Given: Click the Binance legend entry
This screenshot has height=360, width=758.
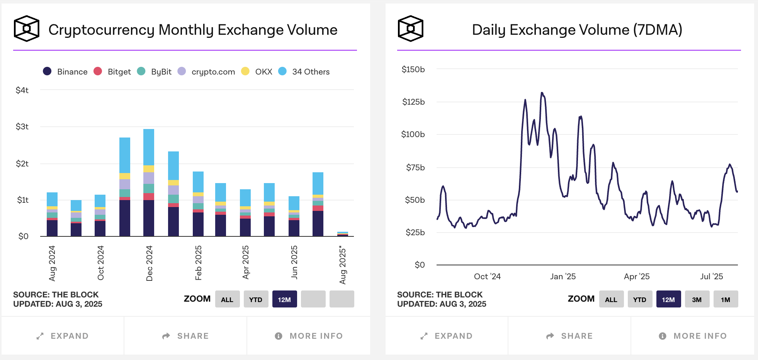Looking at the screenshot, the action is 65,71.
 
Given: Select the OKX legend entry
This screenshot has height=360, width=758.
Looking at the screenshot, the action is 257,71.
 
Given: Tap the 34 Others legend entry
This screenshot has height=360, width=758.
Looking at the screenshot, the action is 304,71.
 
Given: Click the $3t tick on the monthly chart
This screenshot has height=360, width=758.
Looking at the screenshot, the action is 22,127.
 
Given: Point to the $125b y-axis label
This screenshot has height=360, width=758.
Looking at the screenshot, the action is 413,102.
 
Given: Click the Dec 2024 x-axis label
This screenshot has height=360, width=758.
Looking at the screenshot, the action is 149,263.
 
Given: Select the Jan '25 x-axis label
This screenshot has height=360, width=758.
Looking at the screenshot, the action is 563,277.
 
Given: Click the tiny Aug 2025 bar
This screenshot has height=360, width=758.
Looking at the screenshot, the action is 343,234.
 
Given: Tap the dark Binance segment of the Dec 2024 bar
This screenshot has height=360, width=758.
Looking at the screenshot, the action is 149,218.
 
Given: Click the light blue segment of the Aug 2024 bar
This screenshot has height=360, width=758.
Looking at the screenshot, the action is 52,199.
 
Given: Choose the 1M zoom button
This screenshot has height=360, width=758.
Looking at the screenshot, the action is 726,299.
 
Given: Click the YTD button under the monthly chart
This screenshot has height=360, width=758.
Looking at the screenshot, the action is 256,299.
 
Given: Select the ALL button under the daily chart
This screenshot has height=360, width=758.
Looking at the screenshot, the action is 611,299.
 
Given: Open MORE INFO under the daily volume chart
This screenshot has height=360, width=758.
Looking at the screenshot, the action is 693,336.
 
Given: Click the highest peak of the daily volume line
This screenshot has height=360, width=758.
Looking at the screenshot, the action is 542,93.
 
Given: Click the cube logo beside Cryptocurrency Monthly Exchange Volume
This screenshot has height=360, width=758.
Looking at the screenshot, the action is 27,29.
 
